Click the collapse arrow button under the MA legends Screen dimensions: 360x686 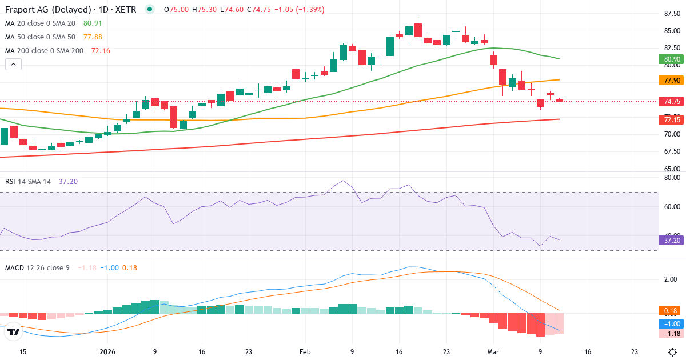point(13,65)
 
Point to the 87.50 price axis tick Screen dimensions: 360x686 point(668,14)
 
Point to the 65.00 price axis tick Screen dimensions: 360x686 point(668,169)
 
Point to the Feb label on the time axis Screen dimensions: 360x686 point(304,352)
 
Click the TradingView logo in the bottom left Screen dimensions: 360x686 point(14,331)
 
